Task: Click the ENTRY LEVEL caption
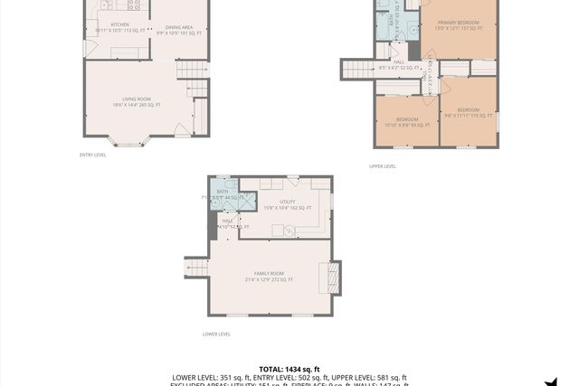coord(92,155)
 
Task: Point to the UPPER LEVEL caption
coord(383,166)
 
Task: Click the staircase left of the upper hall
coord(357,69)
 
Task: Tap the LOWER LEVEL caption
coord(216,334)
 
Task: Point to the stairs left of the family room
coord(196,268)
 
